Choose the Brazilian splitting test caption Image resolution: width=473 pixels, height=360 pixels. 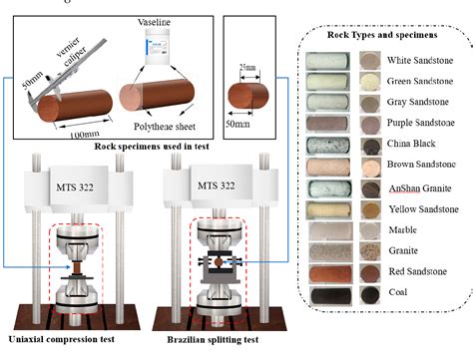[x=206, y=345]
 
